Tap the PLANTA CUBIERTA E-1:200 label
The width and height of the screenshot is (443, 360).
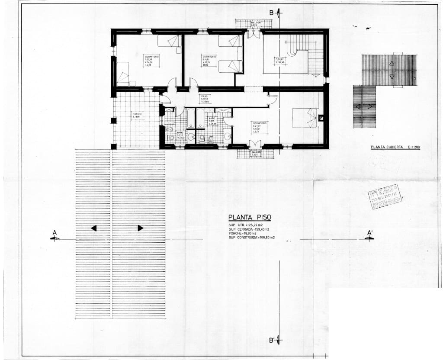395,147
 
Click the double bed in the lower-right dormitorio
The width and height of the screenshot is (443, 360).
305,118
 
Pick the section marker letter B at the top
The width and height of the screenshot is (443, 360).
271,13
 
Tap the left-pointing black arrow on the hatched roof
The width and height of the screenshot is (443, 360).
94,228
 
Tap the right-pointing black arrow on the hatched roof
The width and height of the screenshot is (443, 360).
140,228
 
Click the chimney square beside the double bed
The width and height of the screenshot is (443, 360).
321,117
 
